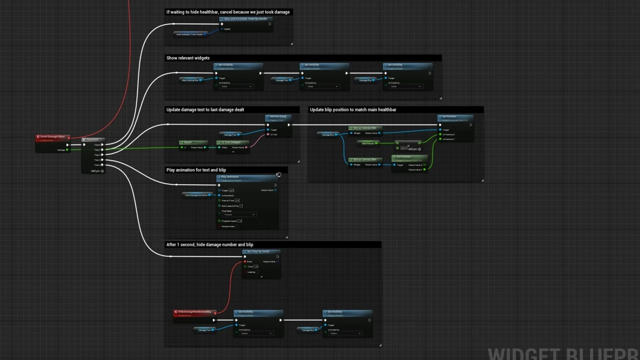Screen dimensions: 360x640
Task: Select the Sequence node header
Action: pyautogui.click(x=93, y=140)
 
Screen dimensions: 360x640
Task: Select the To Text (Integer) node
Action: pyautogui.click(x=232, y=142)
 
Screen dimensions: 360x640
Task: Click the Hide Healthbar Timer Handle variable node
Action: pyautogui.click(x=190, y=34)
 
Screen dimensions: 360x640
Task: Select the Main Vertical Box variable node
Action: pyautogui.click(x=190, y=80)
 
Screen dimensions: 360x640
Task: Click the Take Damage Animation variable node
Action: pyautogui.click(x=196, y=195)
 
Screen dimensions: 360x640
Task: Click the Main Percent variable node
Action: pyautogui.click(x=368, y=143)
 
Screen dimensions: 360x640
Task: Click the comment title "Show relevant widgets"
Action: pyautogui.click(x=188, y=58)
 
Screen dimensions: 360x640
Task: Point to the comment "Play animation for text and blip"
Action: pyautogui.click(x=196, y=170)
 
